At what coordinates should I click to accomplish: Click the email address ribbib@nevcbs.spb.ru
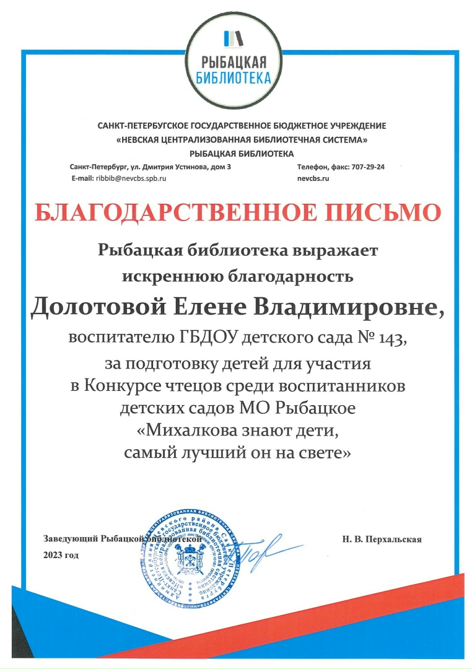(x=130, y=178)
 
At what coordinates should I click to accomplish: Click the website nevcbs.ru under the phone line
(x=313, y=178)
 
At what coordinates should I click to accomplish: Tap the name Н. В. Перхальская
(x=382, y=540)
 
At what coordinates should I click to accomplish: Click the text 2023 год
(x=61, y=554)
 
